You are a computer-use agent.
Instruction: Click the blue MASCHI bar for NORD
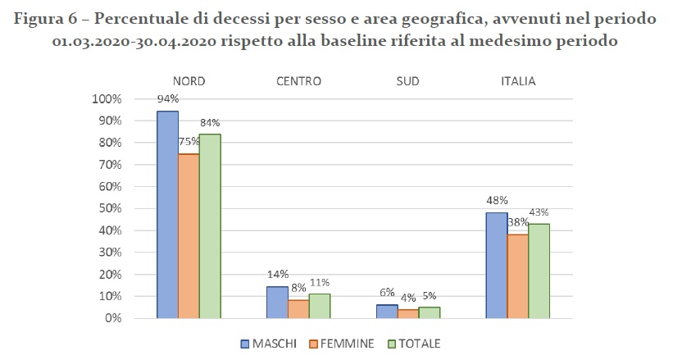[167, 215]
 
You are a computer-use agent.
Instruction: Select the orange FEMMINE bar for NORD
[189, 236]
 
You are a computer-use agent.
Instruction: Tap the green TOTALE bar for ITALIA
[539, 271]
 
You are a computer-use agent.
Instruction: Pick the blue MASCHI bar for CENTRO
[277, 302]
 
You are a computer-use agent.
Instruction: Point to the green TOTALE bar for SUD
[429, 312]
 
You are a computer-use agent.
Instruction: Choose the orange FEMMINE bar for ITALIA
[517, 276]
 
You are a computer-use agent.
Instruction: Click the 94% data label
[168, 98]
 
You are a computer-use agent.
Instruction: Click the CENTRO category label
[298, 81]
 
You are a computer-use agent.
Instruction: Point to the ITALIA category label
[517, 81]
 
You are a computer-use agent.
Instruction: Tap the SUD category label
[407, 81]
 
